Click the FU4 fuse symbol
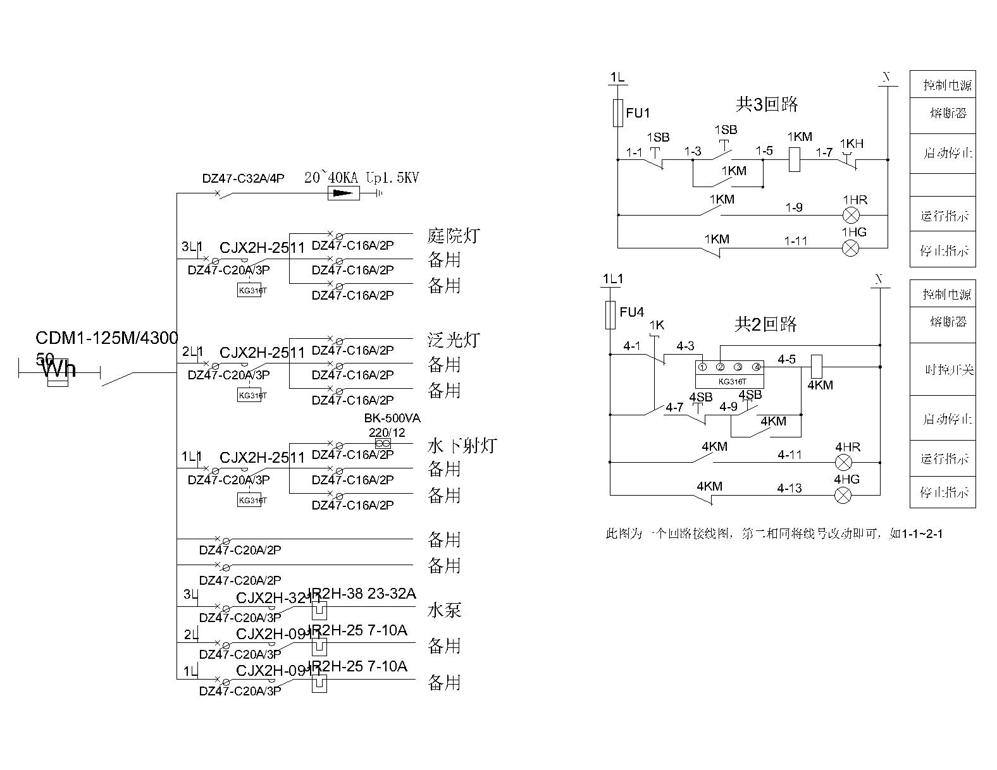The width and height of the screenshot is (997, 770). click(610, 315)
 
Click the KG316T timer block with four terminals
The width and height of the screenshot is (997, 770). click(729, 374)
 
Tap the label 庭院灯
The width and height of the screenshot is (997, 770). click(454, 236)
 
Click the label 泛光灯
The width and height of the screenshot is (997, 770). click(454, 341)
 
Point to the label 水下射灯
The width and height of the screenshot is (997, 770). click(462, 446)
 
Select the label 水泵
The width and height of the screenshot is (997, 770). click(445, 610)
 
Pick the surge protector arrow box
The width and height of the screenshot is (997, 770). click(344, 193)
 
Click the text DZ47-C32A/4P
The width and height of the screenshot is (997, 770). click(243, 178)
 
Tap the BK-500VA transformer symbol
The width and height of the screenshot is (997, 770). click(383, 444)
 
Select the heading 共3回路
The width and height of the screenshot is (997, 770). click(767, 104)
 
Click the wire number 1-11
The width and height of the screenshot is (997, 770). click(796, 241)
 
